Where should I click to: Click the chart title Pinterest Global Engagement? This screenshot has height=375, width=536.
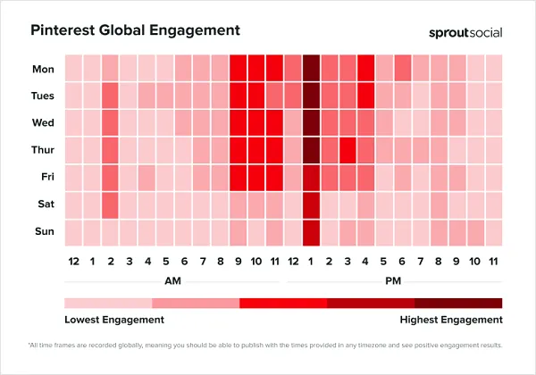(x=135, y=29)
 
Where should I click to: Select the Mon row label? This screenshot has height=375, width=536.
(x=42, y=68)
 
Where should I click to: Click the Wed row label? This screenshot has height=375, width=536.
(x=42, y=123)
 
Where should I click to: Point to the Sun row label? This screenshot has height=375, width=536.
(x=42, y=232)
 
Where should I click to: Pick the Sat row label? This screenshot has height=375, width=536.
(x=42, y=205)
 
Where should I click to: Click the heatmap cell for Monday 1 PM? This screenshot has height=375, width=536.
(x=311, y=68)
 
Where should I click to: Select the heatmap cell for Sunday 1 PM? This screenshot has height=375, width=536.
(x=311, y=232)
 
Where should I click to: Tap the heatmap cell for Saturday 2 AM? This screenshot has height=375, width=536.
(x=110, y=205)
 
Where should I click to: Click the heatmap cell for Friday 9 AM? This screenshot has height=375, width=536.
(x=238, y=178)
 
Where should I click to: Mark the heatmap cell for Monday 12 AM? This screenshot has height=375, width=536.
(x=73, y=68)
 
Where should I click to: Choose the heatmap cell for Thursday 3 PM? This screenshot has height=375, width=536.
(x=348, y=150)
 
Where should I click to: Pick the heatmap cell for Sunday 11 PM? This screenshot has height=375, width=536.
(x=493, y=232)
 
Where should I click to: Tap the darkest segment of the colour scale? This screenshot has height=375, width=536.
(x=458, y=303)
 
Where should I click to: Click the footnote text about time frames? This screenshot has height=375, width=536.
(x=268, y=345)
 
